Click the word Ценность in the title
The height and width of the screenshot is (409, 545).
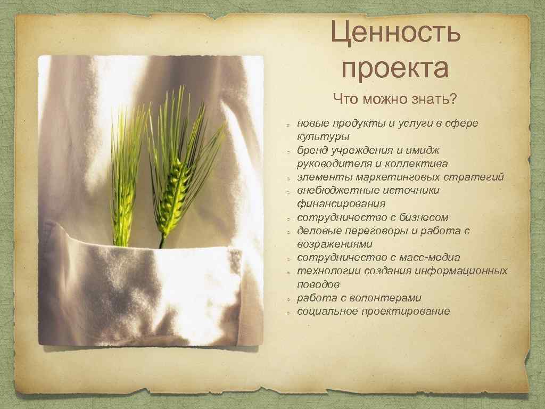pyautogui.click(x=395, y=33)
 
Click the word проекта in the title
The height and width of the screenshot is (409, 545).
pyautogui.click(x=395, y=69)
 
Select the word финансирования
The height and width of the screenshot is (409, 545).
pyautogui.click(x=341, y=204)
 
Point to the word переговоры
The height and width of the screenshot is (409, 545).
pyautogui.click(x=370, y=231)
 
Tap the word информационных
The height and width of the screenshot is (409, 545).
pyautogui.click(x=463, y=271)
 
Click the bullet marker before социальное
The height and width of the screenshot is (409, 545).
pyautogui.click(x=287, y=312)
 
